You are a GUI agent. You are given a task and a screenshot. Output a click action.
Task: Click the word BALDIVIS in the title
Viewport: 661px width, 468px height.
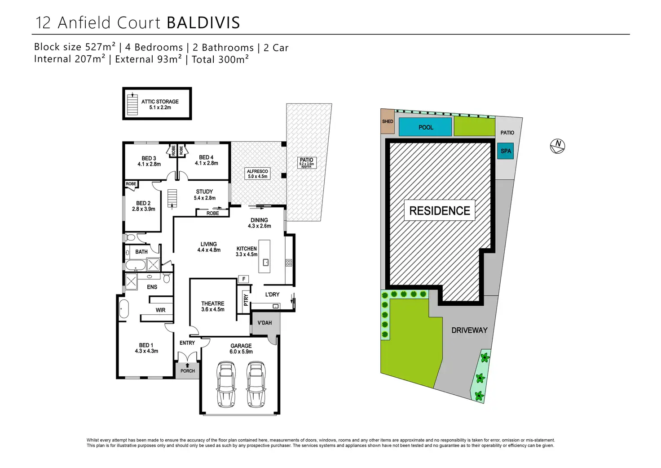coord(203,22)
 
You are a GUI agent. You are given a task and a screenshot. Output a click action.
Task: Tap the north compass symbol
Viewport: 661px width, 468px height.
coord(557,146)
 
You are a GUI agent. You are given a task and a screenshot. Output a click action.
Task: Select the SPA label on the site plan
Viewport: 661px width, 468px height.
coord(506,151)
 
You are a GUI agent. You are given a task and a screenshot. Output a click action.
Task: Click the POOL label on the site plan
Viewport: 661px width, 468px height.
coord(426,127)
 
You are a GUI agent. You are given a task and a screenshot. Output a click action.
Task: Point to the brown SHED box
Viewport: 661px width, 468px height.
coord(387,121)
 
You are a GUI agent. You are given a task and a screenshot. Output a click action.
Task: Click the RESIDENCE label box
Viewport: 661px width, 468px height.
coord(440,210)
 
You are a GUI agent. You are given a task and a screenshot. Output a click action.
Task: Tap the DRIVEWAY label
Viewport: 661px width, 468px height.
coord(469,330)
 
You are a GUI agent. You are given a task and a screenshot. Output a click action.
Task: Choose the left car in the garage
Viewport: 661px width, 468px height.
coord(226,384)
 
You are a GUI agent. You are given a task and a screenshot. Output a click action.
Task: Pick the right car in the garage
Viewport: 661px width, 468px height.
coord(256,384)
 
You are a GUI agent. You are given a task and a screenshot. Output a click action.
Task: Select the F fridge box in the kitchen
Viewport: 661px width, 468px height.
coord(244,279)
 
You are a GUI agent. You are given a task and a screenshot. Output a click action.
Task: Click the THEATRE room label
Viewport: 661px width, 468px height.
coord(213,306)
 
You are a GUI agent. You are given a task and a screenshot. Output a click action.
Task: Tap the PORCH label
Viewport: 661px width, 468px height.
coord(188,371)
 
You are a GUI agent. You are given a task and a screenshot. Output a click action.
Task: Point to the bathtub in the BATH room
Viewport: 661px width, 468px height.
coord(135,265)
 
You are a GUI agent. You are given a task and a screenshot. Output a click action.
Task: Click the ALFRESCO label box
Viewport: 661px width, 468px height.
coord(257,174)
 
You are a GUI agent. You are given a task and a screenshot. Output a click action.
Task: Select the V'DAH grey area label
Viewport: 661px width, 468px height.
coord(264,323)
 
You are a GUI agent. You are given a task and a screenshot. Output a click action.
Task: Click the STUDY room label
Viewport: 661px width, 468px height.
coord(204,194)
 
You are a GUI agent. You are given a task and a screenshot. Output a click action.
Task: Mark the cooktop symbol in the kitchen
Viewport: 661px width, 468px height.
coord(289,263)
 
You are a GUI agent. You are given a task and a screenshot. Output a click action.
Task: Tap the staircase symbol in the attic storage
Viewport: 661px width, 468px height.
coord(132,104)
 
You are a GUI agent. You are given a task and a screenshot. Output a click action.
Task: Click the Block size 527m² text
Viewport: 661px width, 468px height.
coord(75,47)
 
